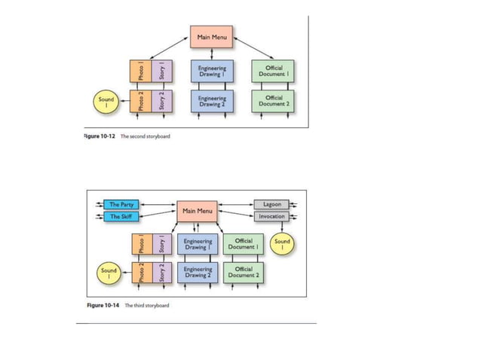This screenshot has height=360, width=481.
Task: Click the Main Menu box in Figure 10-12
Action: (211, 36)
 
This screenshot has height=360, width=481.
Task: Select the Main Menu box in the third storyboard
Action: (197, 211)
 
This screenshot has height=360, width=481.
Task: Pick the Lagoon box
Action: (271, 204)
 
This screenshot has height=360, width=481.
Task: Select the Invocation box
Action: (271, 216)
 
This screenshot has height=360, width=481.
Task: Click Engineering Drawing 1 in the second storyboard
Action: (212, 72)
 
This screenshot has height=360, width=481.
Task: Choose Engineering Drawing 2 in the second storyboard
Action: (212, 101)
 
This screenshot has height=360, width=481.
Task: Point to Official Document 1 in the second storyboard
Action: (273, 72)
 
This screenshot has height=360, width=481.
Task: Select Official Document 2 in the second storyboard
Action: (273, 101)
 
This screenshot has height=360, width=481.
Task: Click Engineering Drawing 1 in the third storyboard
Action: (198, 245)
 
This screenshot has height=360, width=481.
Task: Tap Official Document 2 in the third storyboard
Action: (243, 272)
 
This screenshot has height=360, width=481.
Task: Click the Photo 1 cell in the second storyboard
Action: (140, 72)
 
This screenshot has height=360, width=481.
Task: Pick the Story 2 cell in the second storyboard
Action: (162, 101)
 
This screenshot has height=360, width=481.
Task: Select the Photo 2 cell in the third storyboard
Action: (141, 272)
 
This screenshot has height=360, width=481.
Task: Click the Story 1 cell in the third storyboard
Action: (162, 245)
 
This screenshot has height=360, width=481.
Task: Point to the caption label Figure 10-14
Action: (103, 306)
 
